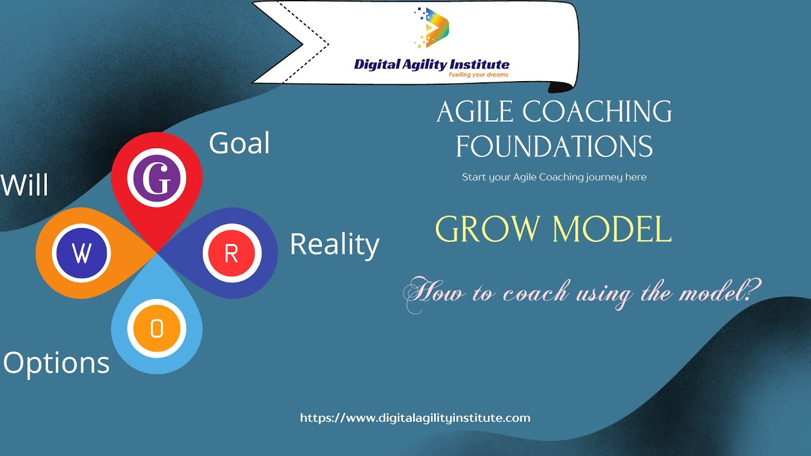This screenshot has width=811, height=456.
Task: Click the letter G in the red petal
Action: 156,178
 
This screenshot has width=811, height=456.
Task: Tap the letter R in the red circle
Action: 231,253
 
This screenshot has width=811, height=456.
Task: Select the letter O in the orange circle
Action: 156,329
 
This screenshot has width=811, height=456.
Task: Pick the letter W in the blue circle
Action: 82,253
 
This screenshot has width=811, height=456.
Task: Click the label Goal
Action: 239,143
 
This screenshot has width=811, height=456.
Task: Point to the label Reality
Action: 335,245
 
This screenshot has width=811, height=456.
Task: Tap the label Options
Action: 56,364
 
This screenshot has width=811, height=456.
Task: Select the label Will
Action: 24,185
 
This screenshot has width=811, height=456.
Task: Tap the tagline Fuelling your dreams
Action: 478,75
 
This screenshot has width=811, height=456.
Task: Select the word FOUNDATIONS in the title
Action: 554,146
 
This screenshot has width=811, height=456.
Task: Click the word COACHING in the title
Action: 597,111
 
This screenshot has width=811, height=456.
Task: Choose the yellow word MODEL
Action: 612,229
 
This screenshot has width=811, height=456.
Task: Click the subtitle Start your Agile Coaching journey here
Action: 554,177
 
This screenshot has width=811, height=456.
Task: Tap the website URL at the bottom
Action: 415,419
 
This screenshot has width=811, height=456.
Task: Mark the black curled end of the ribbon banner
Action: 561,87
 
